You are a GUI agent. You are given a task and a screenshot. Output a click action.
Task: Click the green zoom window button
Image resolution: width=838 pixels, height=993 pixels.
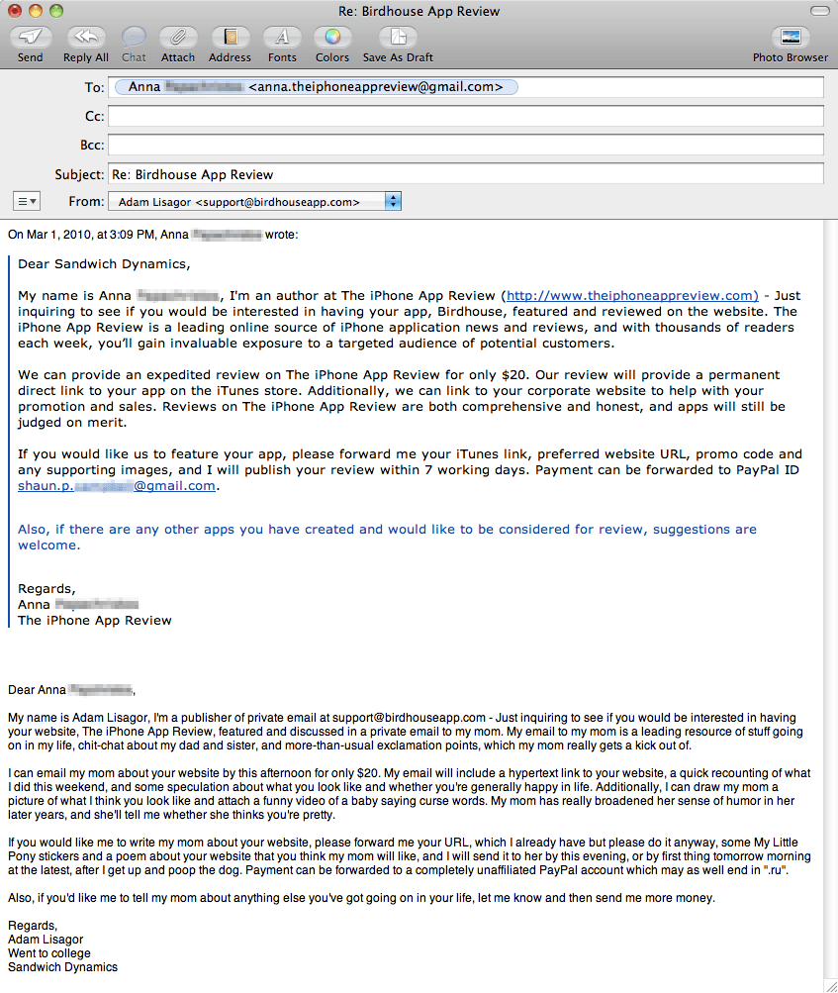click(55, 11)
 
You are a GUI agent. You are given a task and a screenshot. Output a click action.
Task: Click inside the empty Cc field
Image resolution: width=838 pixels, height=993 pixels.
click(465, 117)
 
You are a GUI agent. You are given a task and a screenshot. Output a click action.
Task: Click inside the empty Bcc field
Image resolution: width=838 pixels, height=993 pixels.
click(465, 146)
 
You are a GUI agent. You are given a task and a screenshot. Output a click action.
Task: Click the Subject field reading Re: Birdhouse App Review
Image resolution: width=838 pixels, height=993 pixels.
click(465, 174)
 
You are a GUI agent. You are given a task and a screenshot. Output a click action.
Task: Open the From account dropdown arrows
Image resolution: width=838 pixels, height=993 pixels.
click(393, 202)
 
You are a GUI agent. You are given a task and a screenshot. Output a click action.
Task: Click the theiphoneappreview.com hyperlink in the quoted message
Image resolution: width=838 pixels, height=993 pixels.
click(632, 295)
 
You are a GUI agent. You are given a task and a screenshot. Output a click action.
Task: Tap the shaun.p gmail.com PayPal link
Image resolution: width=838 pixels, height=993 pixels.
click(117, 486)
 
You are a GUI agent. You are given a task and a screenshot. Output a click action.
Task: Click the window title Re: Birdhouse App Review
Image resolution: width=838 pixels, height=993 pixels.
click(419, 11)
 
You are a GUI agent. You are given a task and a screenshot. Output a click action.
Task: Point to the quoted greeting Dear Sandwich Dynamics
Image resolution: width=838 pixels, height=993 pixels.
click(104, 264)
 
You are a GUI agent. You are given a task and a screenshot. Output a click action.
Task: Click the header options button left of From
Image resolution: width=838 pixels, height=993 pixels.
click(27, 202)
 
